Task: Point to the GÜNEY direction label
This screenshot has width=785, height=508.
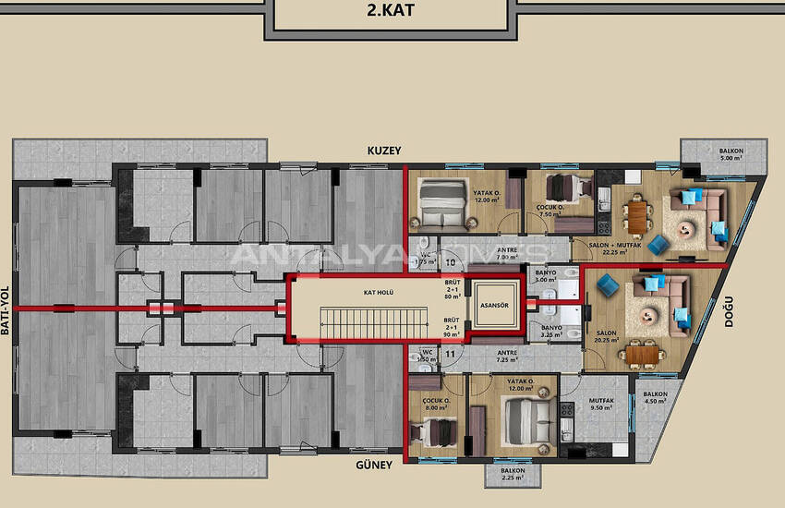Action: [x=373, y=465]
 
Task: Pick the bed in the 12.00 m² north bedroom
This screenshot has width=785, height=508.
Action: [x=441, y=200]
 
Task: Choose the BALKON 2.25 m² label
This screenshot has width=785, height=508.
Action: [x=513, y=474]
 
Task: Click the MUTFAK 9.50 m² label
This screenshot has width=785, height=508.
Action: [x=602, y=405]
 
